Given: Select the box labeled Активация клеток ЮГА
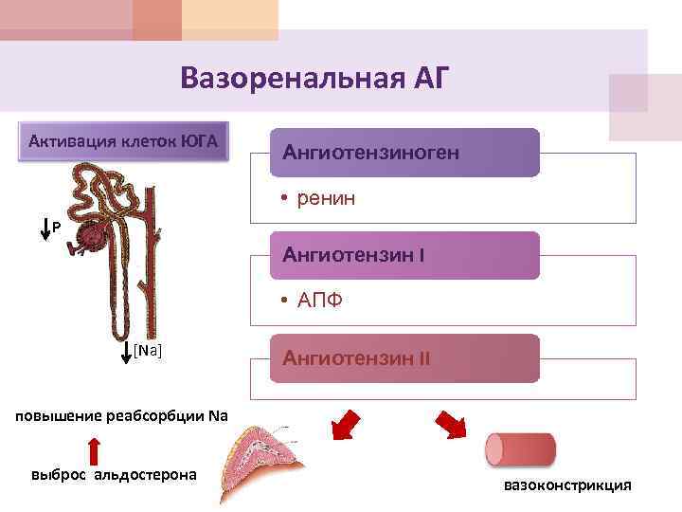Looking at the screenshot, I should tap(123, 142).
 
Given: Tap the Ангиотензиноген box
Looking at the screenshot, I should tap(404, 153).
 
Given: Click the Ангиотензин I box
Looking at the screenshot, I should tap(404, 255).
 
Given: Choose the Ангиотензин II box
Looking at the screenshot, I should tap(404, 358).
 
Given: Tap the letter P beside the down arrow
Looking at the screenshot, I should tap(57, 229).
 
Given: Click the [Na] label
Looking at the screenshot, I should tap(148, 351).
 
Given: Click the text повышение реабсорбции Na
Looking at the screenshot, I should tap(114, 415).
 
